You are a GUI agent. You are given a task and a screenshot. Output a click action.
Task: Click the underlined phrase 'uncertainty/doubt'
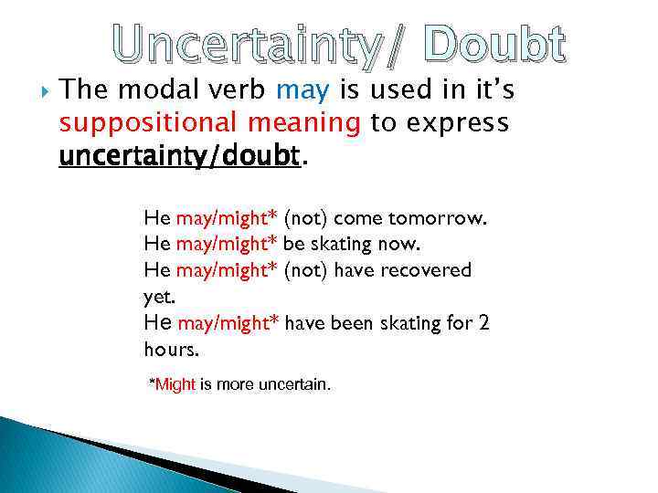point(179,156)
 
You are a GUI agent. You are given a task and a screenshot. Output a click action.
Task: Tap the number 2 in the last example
point(485,322)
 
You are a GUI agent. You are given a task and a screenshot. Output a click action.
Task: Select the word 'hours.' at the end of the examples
point(170,349)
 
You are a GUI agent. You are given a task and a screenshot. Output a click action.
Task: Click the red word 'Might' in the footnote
point(175,384)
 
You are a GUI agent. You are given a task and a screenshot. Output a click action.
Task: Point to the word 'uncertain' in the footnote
point(293,384)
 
